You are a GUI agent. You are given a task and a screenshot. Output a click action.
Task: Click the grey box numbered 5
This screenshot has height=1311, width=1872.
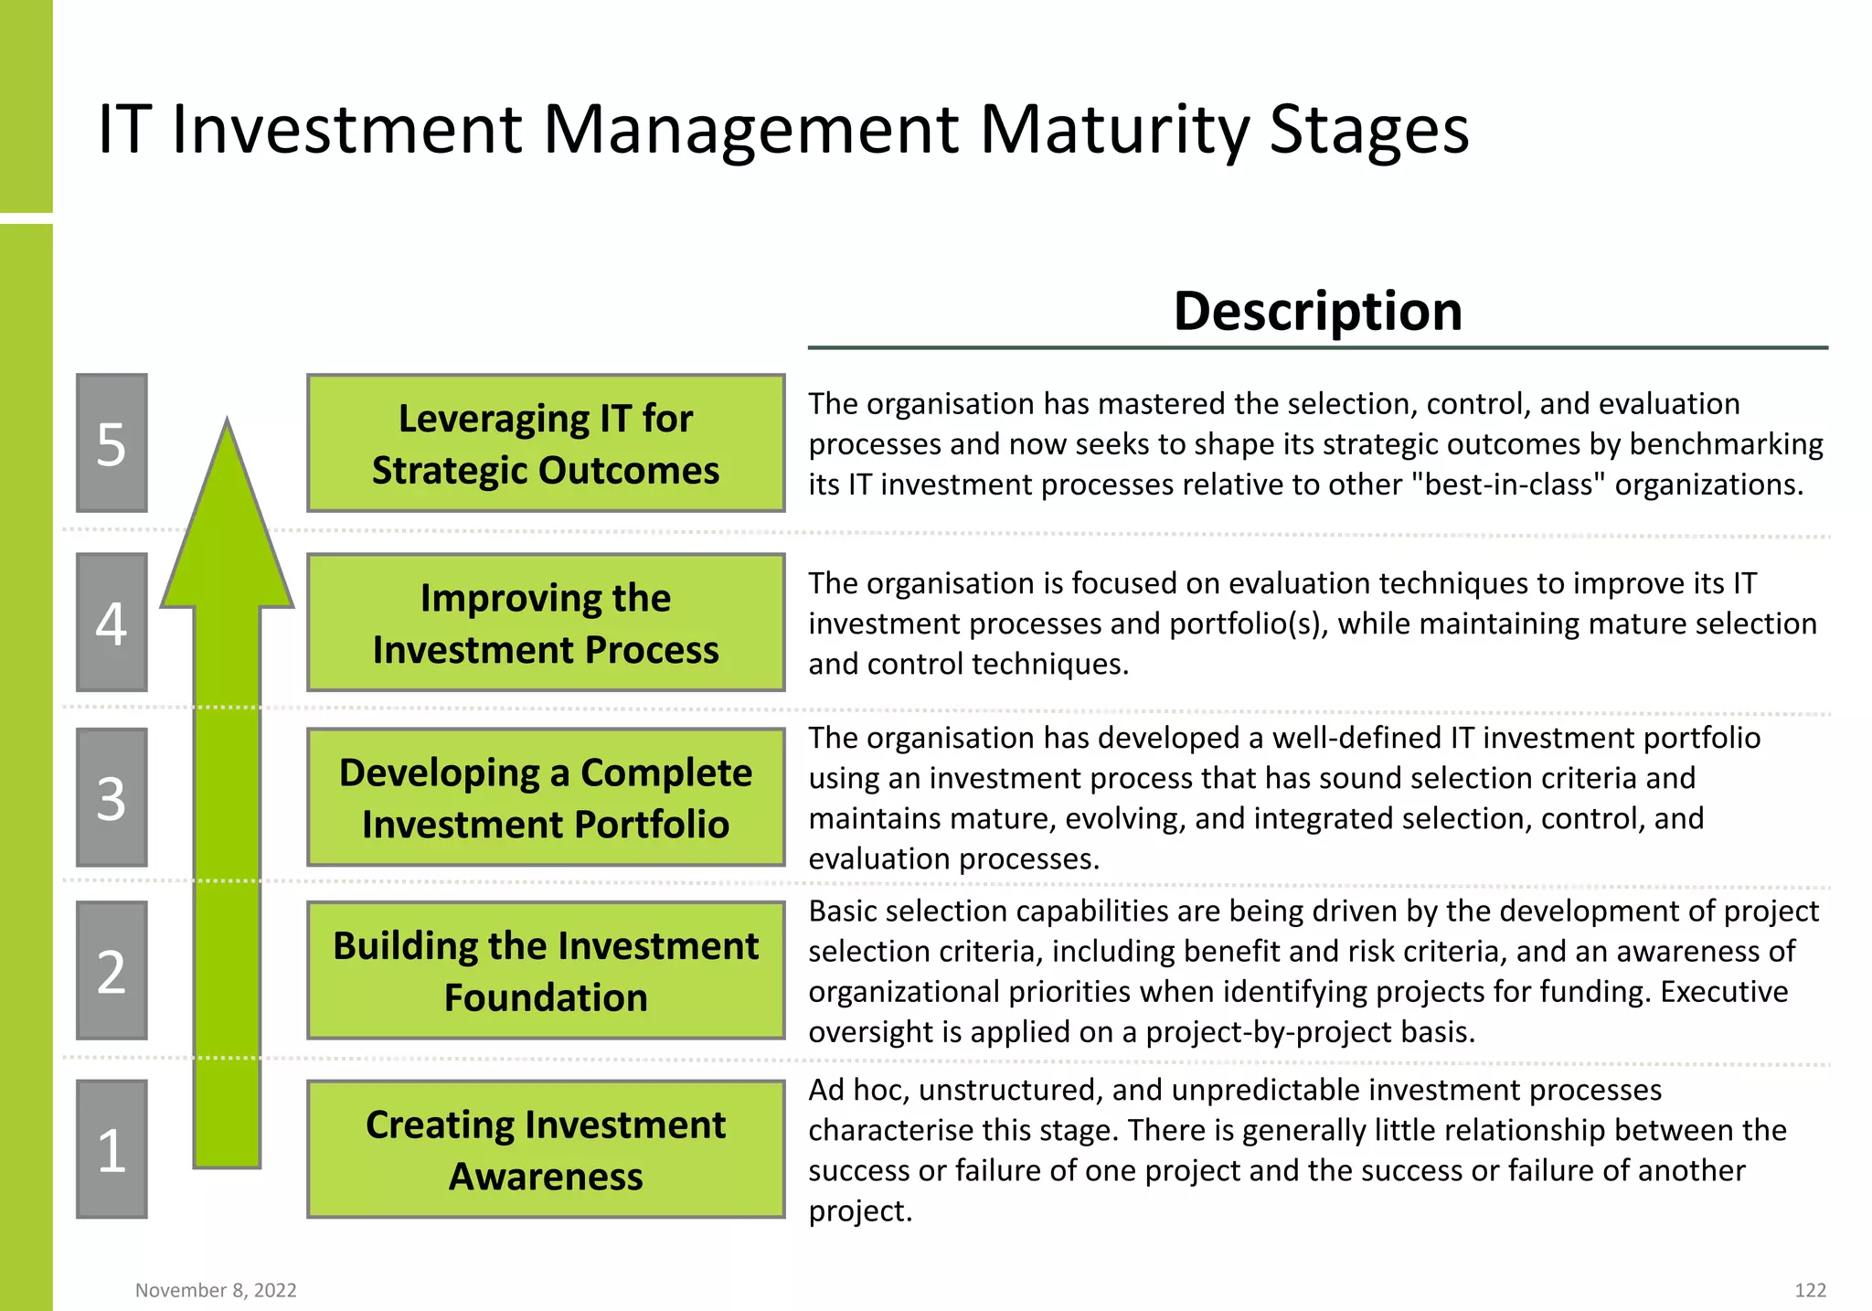[x=112, y=443]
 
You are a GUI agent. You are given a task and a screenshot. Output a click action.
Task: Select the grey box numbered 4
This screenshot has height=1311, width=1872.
[x=112, y=623]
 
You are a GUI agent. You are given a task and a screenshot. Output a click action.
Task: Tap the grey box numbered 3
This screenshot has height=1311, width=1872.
[x=112, y=797]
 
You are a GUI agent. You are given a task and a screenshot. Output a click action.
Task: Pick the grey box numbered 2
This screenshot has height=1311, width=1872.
[x=112, y=971]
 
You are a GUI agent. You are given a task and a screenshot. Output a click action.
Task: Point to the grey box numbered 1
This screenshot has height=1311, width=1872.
[x=112, y=1149]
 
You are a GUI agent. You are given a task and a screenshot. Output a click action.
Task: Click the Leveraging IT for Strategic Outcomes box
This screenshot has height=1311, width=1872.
[x=546, y=443]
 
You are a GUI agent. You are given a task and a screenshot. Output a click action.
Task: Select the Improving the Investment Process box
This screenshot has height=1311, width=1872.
[x=546, y=623]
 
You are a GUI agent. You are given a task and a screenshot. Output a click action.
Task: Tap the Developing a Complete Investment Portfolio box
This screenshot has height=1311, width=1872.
[x=546, y=797]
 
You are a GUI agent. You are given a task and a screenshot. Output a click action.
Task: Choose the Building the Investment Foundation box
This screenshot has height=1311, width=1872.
[x=546, y=971]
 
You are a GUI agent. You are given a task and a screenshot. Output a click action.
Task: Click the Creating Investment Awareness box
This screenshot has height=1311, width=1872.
[x=546, y=1149]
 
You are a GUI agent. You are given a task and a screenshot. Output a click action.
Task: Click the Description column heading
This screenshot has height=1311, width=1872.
[x=1317, y=311]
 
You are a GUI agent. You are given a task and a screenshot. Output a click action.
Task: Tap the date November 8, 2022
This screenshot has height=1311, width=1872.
[x=216, y=1290]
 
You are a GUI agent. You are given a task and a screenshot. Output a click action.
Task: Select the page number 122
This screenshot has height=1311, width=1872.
[x=1810, y=1290]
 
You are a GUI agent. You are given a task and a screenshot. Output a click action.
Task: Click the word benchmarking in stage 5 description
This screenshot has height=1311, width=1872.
[x=1726, y=444]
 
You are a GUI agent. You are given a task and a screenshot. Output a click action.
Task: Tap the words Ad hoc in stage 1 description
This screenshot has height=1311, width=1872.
[x=858, y=1090]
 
